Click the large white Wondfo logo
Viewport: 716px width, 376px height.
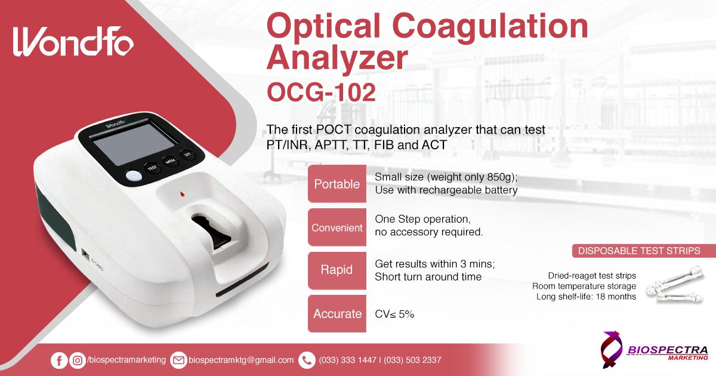click(x=73, y=42)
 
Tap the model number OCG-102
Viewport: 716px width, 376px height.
click(x=321, y=93)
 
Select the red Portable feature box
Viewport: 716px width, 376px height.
click(x=337, y=184)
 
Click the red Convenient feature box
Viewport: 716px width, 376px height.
click(x=337, y=227)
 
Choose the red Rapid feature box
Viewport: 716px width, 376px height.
click(x=337, y=270)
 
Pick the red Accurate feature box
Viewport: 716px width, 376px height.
click(x=337, y=314)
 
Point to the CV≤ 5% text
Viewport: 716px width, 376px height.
click(x=394, y=314)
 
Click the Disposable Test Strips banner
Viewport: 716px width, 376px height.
click(x=644, y=251)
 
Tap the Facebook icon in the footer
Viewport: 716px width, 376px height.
click(x=59, y=360)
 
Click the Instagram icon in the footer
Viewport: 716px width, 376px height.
click(x=78, y=360)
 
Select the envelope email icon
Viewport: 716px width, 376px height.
click(x=178, y=360)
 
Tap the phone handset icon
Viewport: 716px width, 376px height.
click(x=307, y=360)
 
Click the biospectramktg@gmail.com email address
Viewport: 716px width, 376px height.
click(x=241, y=360)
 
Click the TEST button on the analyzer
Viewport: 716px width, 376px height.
click(x=152, y=168)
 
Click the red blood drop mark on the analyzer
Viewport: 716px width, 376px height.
click(x=182, y=194)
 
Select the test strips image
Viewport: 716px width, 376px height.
click(x=675, y=285)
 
